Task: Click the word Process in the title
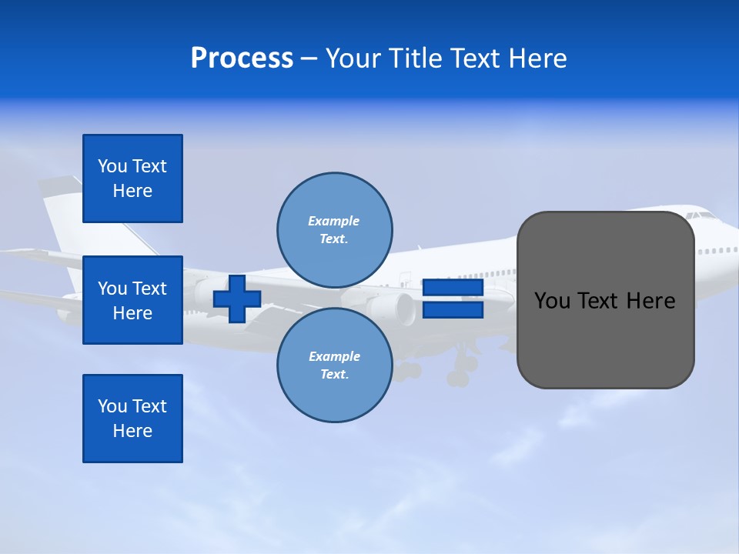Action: tap(242, 58)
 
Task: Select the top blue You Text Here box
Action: tap(132, 179)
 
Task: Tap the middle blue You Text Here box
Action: tap(132, 300)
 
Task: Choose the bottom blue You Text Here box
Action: tap(132, 419)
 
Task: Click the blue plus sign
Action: tap(237, 299)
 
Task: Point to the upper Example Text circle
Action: tap(334, 230)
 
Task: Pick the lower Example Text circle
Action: tap(334, 365)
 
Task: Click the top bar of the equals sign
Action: tap(453, 289)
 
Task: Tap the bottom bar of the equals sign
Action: tap(453, 310)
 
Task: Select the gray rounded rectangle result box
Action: tap(605, 300)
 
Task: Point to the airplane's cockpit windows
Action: tap(701, 216)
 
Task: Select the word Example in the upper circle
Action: tap(334, 221)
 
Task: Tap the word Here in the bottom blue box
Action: tap(132, 431)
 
